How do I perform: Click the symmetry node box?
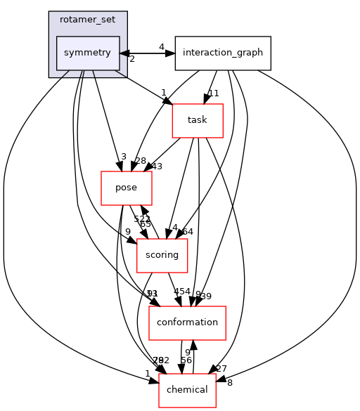coord(88,53)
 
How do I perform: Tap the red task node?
coord(198,120)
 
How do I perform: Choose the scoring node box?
coord(162,255)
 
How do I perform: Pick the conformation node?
coord(187,322)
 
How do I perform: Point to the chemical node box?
coord(187,390)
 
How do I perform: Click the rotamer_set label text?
coord(88,20)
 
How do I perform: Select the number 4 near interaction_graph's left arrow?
coord(161,47)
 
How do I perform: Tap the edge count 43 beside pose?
coord(156,167)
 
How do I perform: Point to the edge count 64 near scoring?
coord(188,231)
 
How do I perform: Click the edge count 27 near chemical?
coord(221,368)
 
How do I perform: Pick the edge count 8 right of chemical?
coord(230,383)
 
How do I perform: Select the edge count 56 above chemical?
coord(186,360)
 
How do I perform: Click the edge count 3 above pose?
coord(122,156)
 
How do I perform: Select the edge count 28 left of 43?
coord(141,162)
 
